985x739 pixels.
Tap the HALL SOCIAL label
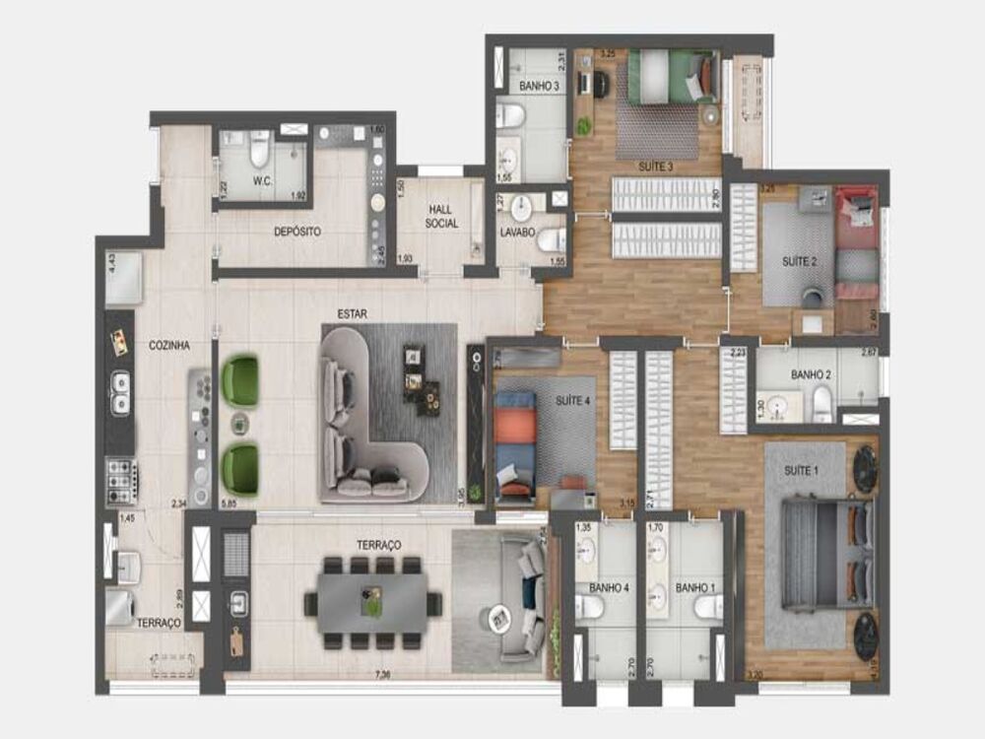(442, 216)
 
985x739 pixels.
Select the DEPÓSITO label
(297, 232)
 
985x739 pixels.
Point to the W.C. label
(262, 180)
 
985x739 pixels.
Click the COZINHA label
(168, 346)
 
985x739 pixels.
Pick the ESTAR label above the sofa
(352, 313)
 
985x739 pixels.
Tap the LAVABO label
(517, 234)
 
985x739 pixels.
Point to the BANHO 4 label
(610, 588)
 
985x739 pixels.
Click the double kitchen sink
(120, 391)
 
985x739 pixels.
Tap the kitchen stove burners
(120, 482)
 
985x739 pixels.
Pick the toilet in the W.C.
(260, 150)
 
